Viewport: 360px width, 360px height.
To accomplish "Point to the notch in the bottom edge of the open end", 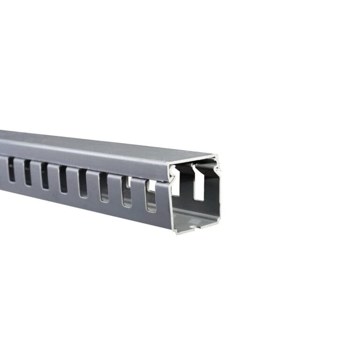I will tap(199, 228).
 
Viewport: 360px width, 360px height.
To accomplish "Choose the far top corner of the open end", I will tap(217, 157).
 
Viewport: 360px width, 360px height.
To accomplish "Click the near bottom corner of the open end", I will tap(175, 232).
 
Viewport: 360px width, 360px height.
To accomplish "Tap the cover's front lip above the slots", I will tap(94, 162).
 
